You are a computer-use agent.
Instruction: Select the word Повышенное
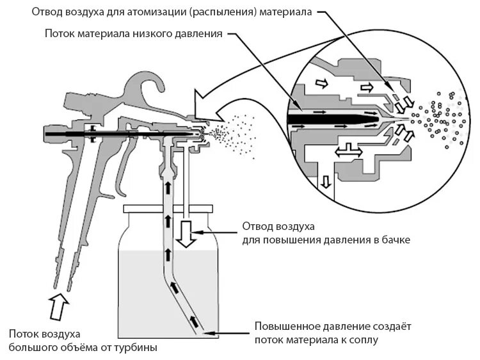(x=282, y=326)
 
